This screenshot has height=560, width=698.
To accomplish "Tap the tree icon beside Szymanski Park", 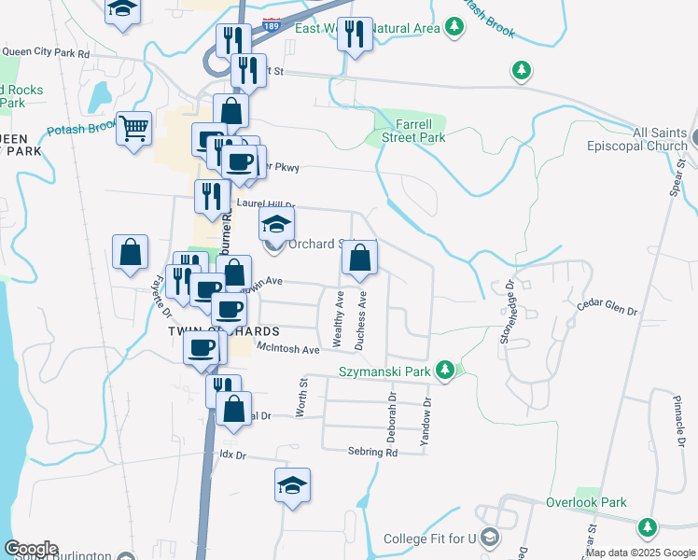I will (446, 371).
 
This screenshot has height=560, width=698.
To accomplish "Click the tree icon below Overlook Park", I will (647, 527).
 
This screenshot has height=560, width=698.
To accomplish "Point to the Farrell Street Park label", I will (412, 131).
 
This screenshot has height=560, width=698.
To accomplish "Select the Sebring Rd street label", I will (373, 452).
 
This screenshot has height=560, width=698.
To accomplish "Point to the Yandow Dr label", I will (427, 422).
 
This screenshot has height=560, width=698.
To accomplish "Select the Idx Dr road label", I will (231, 455).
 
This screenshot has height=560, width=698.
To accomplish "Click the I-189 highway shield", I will (271, 21).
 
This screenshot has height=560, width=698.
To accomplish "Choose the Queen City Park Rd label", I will (45, 54).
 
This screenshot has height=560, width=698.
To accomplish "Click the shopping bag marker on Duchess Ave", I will (359, 259).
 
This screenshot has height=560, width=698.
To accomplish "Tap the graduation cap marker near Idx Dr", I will (292, 485).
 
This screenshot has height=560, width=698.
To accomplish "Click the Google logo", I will (31, 549).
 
